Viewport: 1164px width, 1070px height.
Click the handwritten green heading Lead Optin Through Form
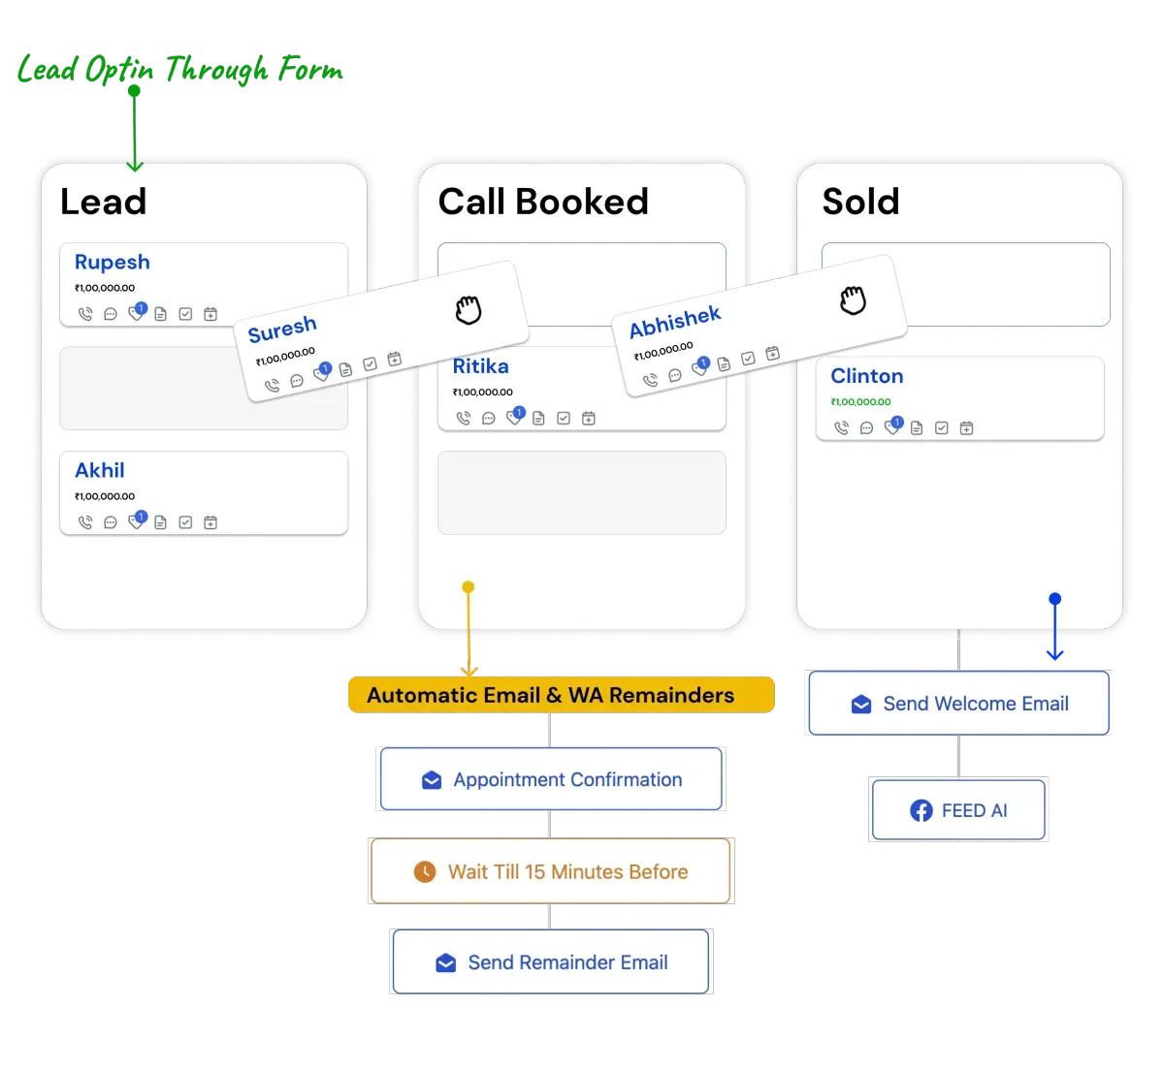click(x=180, y=70)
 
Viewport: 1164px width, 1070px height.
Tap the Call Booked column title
click(x=542, y=202)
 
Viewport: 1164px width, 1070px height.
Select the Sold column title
click(x=860, y=202)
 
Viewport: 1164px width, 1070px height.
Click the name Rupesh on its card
click(x=113, y=262)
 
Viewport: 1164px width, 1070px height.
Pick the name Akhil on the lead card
click(x=100, y=470)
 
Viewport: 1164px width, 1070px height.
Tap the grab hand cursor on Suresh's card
click(x=469, y=310)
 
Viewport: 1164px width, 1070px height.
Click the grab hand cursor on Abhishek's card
click(x=853, y=300)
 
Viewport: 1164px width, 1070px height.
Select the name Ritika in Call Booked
click(x=480, y=366)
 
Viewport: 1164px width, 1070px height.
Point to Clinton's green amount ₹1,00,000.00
click(x=860, y=402)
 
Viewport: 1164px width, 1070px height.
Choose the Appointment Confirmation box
click(x=551, y=779)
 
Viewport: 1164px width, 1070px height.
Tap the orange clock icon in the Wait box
click(x=425, y=871)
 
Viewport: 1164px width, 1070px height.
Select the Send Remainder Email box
click(x=551, y=962)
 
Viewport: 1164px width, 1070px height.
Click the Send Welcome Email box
click(x=959, y=704)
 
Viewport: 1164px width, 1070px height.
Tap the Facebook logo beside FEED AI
click(x=921, y=810)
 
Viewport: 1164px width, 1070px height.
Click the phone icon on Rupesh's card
click(x=85, y=314)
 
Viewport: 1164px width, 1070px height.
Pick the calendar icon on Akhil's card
click(x=210, y=522)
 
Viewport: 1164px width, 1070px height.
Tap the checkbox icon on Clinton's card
click(x=941, y=427)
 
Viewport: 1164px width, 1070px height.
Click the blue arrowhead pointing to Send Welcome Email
click(x=1055, y=654)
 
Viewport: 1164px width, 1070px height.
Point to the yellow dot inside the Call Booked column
click(x=469, y=587)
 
